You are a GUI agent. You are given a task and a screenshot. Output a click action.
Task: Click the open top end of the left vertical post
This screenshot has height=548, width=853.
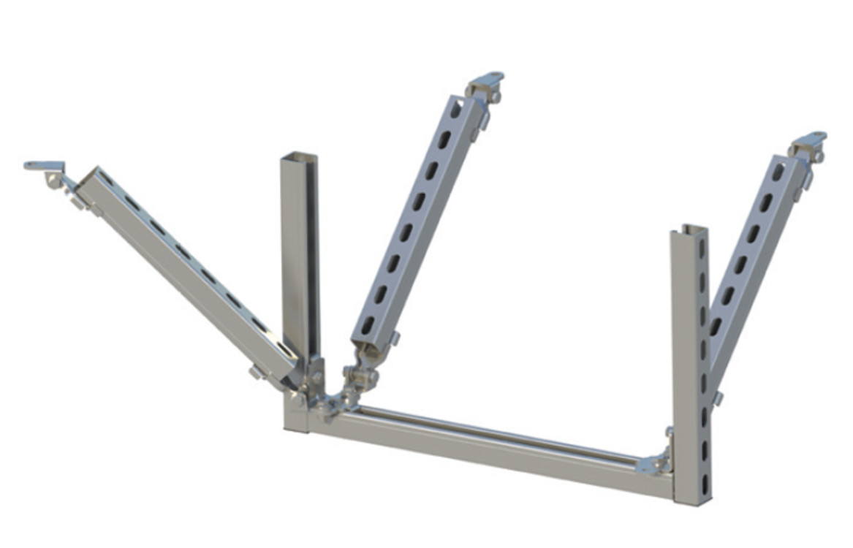point(300,156)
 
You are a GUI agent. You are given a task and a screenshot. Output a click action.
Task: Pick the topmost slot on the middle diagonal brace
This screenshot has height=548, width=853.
point(455,111)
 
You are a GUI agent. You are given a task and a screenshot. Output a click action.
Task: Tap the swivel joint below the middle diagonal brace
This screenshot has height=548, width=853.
point(359,377)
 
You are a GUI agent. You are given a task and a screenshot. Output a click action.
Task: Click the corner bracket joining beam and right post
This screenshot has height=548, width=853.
point(656,462)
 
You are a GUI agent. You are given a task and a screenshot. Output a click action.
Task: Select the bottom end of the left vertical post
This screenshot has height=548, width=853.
point(296,422)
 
